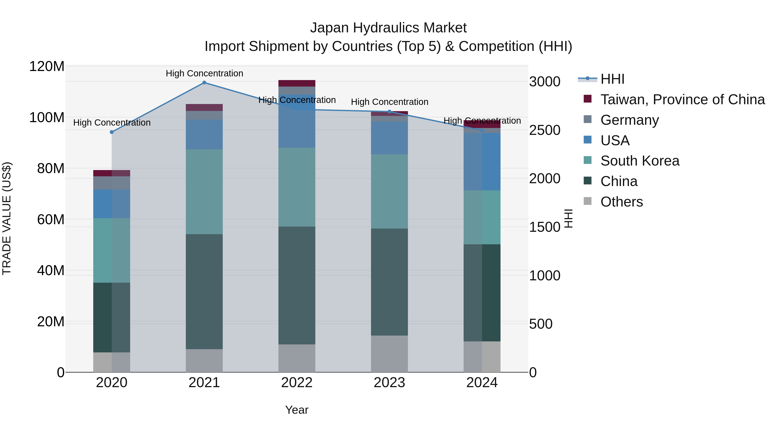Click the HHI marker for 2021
click(204, 83)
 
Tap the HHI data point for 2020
click(112, 132)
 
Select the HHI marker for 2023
click(389, 112)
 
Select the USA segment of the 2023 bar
click(389, 138)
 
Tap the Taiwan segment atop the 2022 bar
click(297, 83)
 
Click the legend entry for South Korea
click(640, 161)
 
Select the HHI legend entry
click(612, 79)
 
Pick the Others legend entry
click(621, 202)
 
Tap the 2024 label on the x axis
click(482, 383)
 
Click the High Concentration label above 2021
click(204, 73)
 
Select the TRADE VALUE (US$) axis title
click(7, 218)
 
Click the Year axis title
click(297, 410)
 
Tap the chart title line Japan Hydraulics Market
click(388, 28)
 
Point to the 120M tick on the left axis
click(47, 66)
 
